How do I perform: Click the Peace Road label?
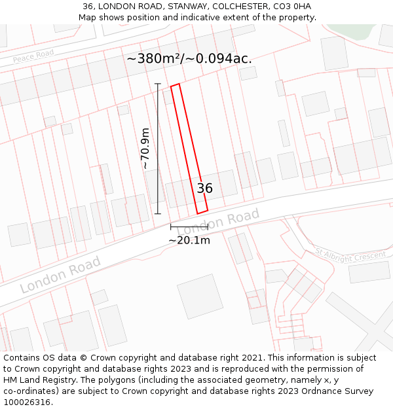coord(33,57)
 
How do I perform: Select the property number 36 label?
coord(204,188)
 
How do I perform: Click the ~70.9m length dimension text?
coord(145,149)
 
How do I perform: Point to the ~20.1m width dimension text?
coord(189,240)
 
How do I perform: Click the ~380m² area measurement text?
coord(189,58)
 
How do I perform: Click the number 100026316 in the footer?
coord(27,402)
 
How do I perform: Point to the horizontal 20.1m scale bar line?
coord(189,227)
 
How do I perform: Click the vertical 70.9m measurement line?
coord(158,149)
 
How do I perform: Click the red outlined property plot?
coord(189,149)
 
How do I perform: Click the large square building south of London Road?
coord(200,296)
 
